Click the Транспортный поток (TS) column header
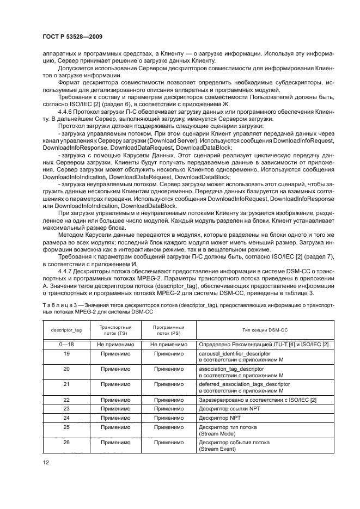(114, 329)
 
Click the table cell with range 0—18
(66, 344)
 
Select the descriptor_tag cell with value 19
(66, 353)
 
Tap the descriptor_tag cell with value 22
(66, 400)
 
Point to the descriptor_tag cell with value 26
(66, 443)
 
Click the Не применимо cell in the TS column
(114, 344)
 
